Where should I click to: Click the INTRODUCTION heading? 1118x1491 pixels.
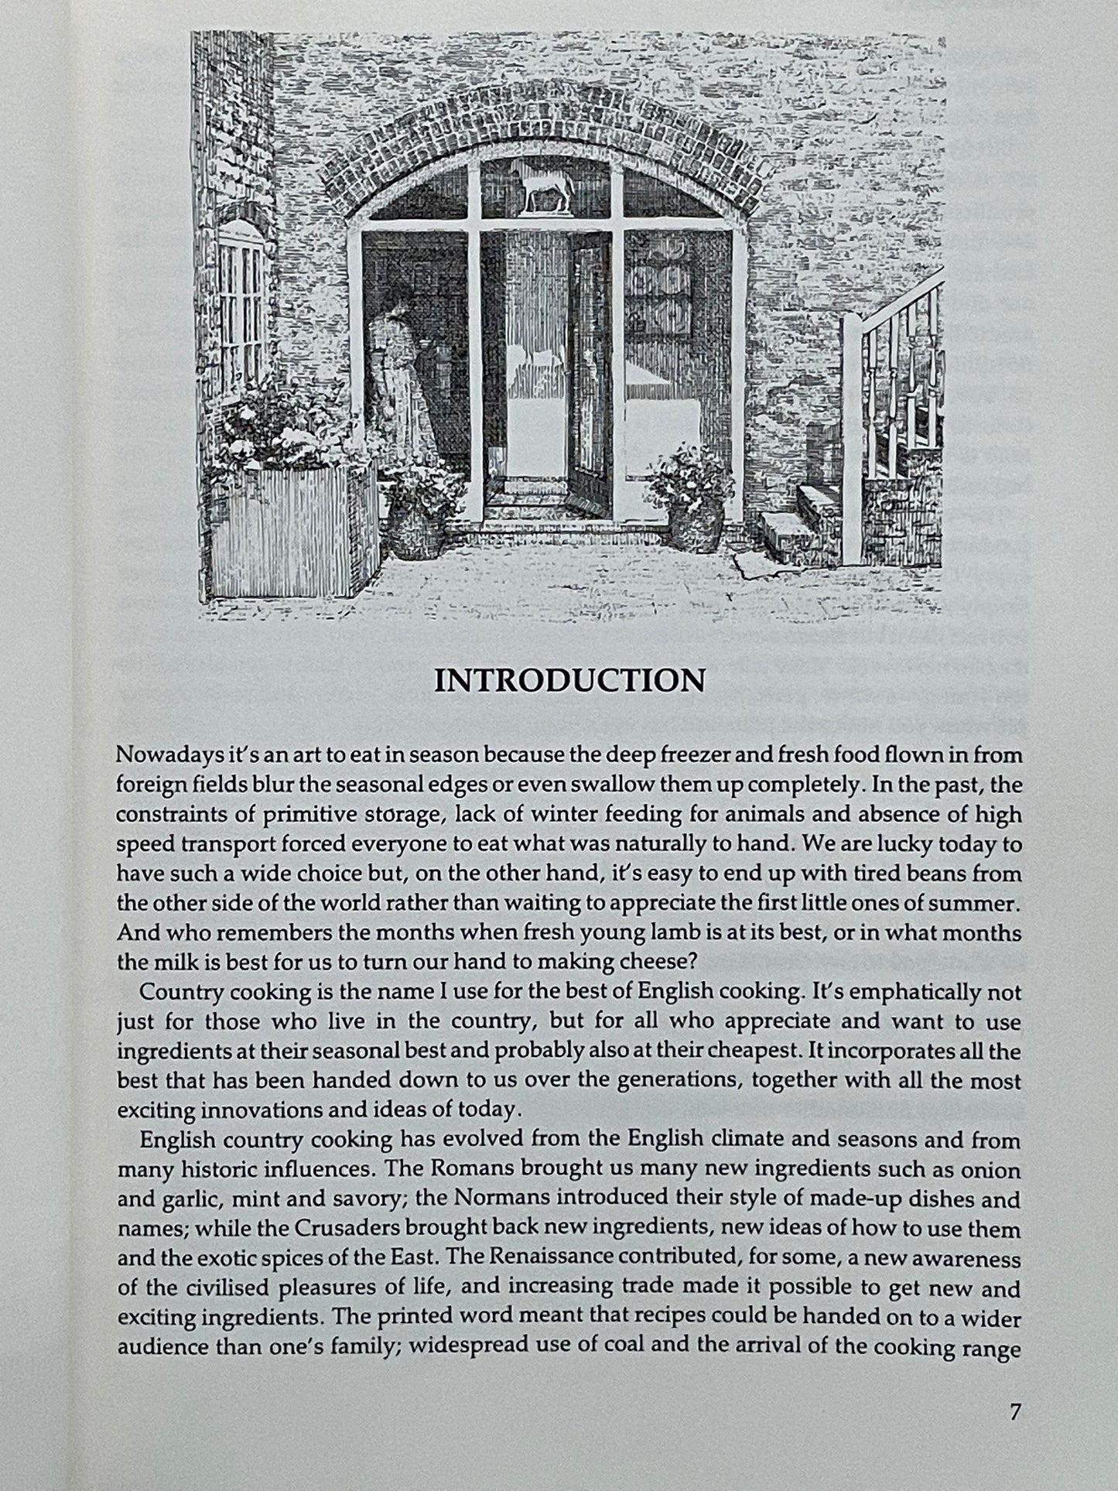click(569, 680)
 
